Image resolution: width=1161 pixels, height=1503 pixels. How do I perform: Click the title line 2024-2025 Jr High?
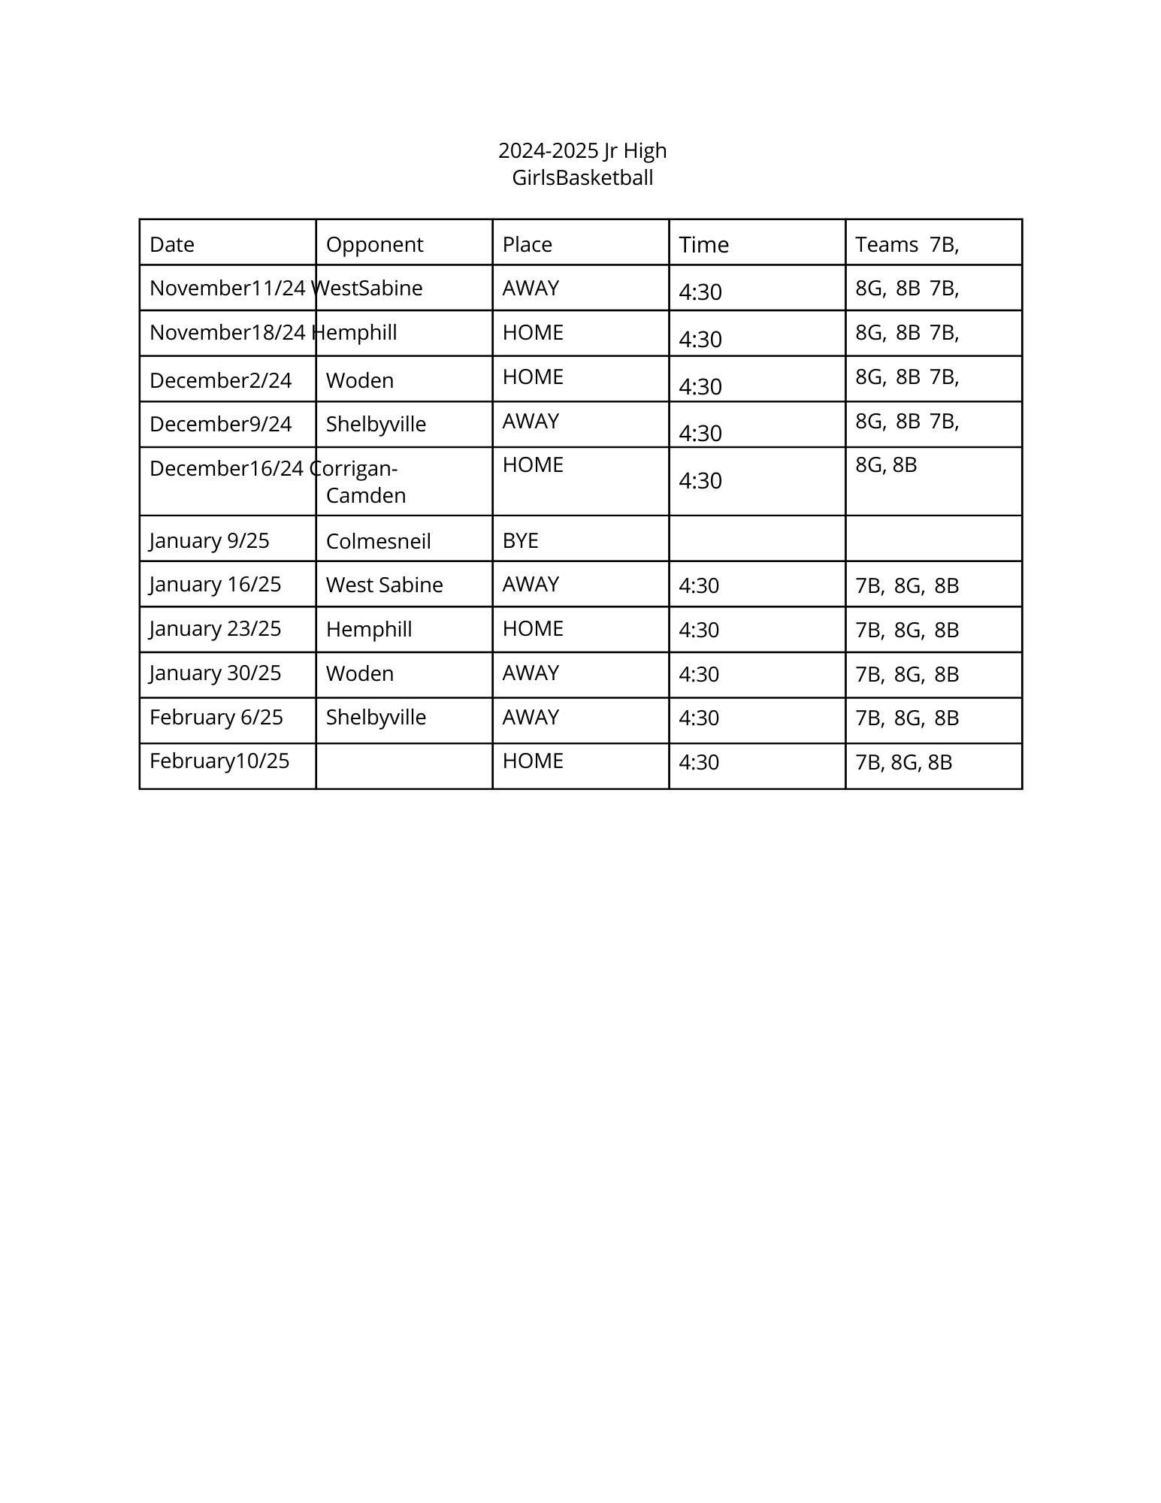point(582,151)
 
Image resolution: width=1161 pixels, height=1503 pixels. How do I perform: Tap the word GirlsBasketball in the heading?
point(582,178)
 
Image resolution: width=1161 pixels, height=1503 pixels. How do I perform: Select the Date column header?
point(172,245)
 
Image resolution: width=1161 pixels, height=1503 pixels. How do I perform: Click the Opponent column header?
point(374,245)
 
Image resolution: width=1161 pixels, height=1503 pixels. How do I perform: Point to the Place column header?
point(527,245)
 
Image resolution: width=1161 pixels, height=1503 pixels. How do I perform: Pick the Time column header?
point(703,245)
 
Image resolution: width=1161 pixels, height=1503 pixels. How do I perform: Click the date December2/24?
point(220,381)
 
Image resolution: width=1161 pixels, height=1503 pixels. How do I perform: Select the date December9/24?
point(220,425)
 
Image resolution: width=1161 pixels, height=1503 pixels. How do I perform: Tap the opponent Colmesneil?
point(378,542)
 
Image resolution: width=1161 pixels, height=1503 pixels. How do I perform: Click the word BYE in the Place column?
point(520,541)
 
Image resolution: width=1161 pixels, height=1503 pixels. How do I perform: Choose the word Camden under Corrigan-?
point(366,496)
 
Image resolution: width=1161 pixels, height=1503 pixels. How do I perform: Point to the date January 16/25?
point(215,585)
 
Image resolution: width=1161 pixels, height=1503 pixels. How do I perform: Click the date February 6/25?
point(216,718)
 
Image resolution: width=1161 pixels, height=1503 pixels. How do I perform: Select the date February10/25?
point(219,761)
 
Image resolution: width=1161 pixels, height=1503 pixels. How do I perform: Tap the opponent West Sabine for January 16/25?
point(384,585)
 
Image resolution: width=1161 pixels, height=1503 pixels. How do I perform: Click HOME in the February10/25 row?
point(533,761)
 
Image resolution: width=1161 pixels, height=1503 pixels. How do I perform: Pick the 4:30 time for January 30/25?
point(698,674)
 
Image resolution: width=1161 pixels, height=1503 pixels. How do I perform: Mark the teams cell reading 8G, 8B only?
point(886,465)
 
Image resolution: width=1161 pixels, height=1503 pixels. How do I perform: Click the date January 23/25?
point(215,629)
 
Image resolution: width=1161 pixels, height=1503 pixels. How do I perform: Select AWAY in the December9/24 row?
point(531,422)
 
